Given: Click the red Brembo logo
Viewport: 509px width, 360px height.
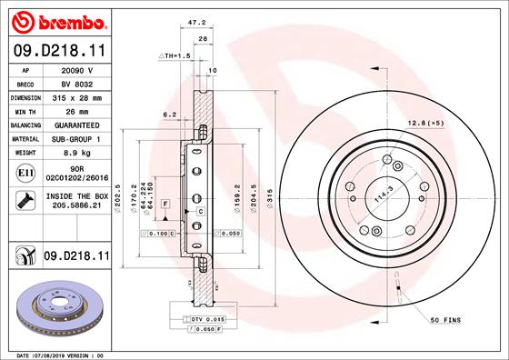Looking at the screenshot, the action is pos(59,23).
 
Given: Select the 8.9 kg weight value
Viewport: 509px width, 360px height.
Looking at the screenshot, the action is pos(77,153).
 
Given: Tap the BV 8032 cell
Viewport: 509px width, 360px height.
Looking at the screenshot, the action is pos(77,85).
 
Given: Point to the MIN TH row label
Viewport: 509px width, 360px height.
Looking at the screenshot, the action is pos(25,112).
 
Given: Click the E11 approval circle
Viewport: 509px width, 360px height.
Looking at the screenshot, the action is pos(25,173).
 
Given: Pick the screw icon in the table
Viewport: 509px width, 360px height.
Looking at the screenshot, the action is pos(25,200).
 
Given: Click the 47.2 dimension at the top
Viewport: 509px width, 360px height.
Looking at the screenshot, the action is pos(196,23).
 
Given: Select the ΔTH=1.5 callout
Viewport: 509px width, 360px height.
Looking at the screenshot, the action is pos(175,55).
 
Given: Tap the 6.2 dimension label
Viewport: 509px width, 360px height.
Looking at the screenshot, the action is pos(169,115).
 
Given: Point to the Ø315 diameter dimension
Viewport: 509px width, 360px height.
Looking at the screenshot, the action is pos(269,198).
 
